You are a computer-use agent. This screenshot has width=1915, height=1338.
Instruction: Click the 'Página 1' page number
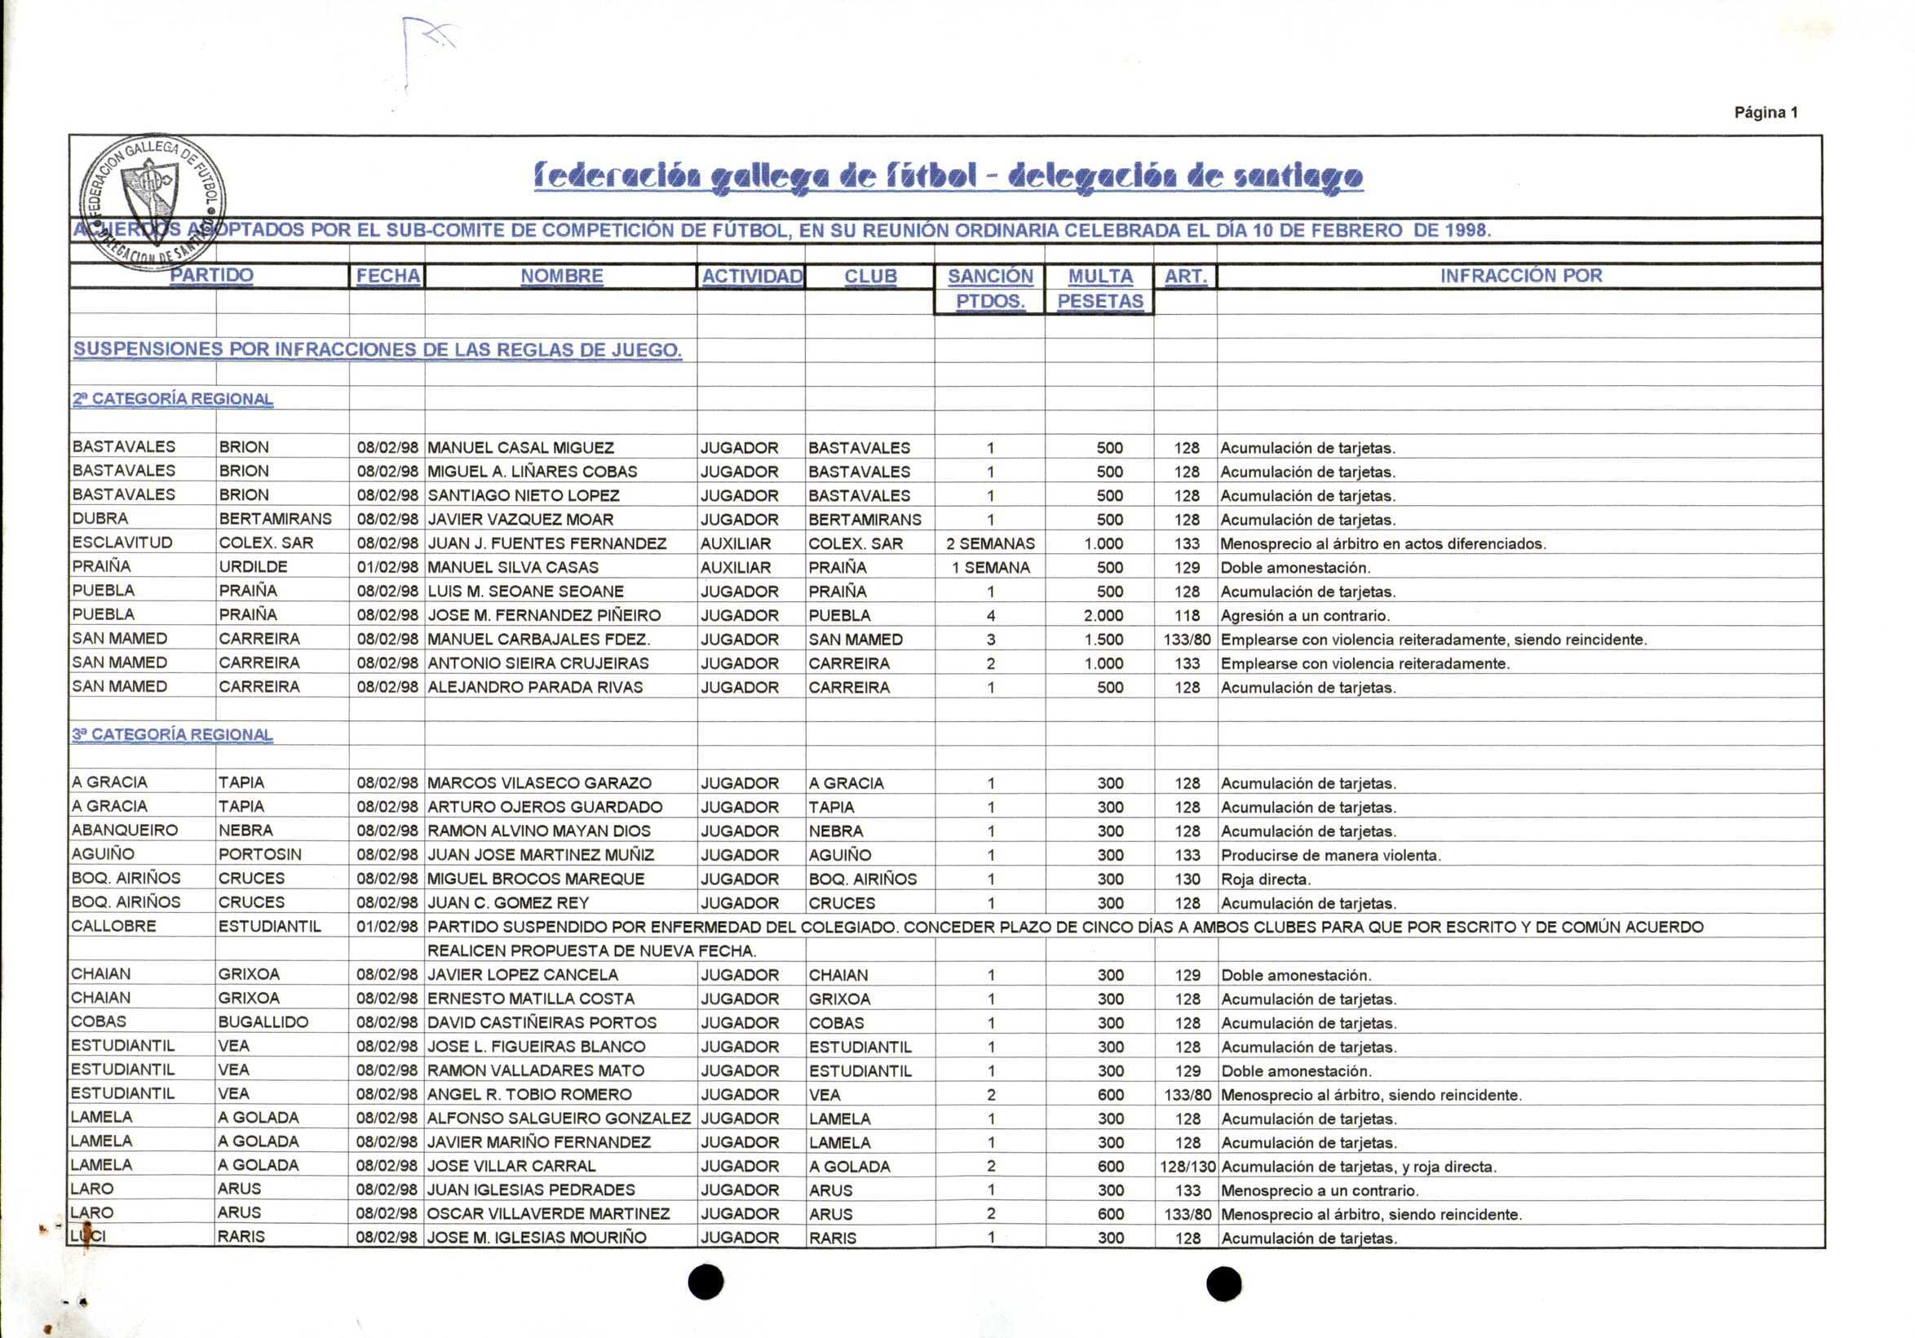tap(1766, 113)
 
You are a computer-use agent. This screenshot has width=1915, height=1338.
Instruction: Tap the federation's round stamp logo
tap(153, 201)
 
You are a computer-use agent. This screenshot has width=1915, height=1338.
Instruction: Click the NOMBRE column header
tap(561, 276)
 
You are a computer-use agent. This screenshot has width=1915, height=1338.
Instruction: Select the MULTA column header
tap(1100, 276)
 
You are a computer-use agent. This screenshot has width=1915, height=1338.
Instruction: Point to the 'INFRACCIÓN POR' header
tap(1520, 276)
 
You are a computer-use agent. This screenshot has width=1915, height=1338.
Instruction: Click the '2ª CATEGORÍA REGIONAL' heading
tap(173, 399)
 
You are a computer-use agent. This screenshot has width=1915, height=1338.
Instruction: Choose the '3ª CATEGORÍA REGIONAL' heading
tap(172, 735)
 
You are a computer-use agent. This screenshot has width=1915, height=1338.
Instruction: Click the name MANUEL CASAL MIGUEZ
tap(520, 448)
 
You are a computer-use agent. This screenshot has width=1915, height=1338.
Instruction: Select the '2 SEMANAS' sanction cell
tap(990, 544)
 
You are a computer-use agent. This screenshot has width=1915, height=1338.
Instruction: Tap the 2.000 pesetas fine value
tap(1103, 616)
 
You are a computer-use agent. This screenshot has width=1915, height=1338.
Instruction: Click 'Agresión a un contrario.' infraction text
tap(1305, 616)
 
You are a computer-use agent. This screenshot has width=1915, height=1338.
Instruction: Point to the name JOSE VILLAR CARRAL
tap(511, 1166)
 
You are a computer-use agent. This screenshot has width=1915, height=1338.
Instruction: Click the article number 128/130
tap(1187, 1166)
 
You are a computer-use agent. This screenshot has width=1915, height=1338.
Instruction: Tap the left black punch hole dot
tap(705, 1282)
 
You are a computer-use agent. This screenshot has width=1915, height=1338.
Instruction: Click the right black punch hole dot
tap(1223, 1284)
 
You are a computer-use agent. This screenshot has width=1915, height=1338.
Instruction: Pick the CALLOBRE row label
tap(113, 927)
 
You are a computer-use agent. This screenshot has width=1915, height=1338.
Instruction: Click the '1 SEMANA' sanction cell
tap(990, 568)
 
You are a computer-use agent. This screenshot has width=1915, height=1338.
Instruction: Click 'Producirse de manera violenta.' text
tap(1331, 855)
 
